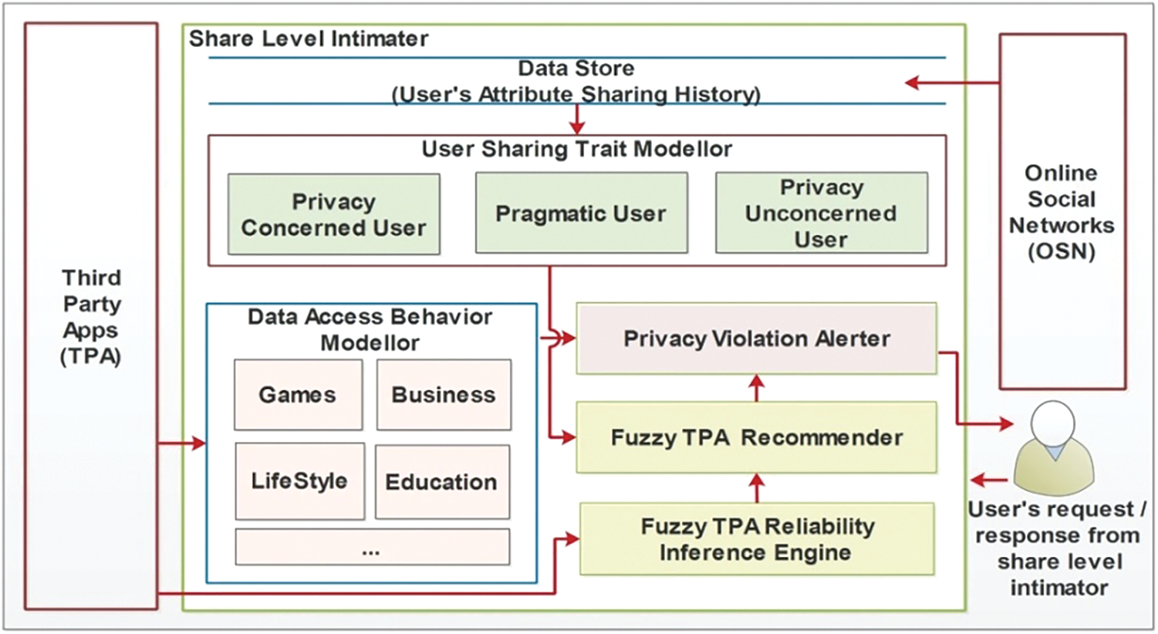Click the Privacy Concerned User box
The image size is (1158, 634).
click(333, 214)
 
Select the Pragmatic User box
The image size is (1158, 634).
click(581, 213)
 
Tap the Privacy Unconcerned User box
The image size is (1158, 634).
click(821, 213)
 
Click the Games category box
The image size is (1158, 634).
click(298, 395)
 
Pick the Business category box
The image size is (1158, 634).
click(444, 395)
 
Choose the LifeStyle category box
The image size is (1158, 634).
click(299, 481)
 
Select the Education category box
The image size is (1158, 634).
click(442, 482)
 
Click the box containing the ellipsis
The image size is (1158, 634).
click(372, 547)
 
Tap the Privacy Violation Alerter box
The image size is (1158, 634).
click(756, 339)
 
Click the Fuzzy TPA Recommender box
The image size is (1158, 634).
click(756, 437)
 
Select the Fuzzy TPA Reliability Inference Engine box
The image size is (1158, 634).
click(756, 539)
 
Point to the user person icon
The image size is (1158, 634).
click(1053, 447)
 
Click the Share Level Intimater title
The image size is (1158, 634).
click(309, 39)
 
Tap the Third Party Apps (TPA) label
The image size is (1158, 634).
click(91, 317)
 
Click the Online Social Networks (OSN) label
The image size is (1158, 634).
click(1062, 212)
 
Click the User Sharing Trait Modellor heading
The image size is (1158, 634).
click(576, 149)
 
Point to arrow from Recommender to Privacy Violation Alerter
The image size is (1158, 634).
click(757, 388)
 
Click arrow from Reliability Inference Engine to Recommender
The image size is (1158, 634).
click(757, 487)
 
